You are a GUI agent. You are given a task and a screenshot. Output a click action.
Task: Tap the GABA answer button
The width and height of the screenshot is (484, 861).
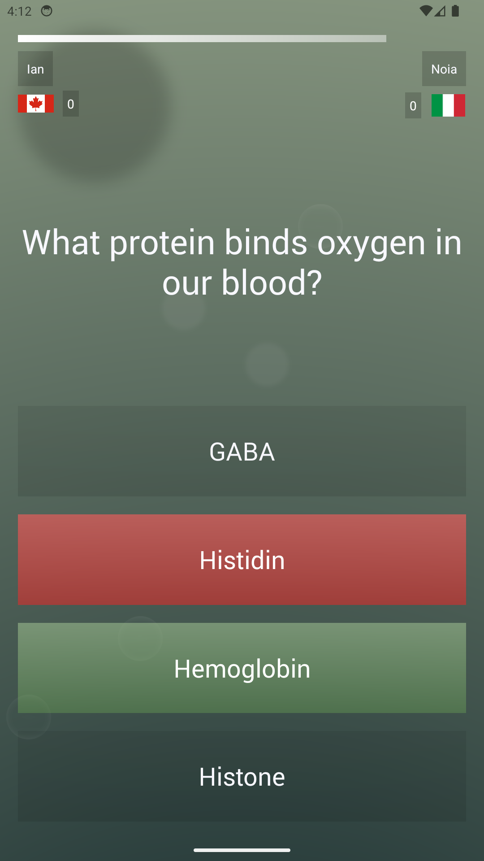[x=242, y=451]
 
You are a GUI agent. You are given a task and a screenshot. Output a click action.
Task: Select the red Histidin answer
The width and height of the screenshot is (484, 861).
[x=242, y=560]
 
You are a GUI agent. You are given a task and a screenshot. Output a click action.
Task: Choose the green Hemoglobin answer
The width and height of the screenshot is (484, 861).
[x=242, y=668]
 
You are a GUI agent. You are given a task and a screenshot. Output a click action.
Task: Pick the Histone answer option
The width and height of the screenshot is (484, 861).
[x=242, y=777]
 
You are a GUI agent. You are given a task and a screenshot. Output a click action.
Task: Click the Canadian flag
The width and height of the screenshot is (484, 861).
[x=36, y=104]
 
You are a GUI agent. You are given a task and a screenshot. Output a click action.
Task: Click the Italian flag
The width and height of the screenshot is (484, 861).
[x=448, y=105]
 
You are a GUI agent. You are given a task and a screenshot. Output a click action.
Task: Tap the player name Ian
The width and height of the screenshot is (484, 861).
[x=35, y=69]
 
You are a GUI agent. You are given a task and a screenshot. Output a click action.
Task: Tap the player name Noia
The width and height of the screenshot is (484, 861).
[x=444, y=69]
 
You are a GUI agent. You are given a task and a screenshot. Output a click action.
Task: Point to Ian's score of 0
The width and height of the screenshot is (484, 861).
[x=71, y=104]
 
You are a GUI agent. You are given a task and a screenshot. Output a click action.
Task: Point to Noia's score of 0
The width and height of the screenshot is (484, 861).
[x=413, y=106]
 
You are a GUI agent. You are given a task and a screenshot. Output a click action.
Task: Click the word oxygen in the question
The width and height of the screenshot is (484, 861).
[x=371, y=243]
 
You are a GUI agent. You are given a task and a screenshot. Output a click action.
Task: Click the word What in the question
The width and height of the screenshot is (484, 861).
[x=61, y=242]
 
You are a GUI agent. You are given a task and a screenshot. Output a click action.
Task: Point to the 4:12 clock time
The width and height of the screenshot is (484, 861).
[x=19, y=11]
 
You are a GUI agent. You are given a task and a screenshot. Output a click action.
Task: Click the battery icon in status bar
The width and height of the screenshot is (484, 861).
[x=455, y=11]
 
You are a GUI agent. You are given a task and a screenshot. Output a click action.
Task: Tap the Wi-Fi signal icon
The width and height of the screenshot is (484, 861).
[x=426, y=11]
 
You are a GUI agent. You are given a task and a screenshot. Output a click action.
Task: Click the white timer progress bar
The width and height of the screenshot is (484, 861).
[x=202, y=39]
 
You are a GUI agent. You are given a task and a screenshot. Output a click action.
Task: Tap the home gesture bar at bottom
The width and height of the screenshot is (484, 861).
[x=242, y=850]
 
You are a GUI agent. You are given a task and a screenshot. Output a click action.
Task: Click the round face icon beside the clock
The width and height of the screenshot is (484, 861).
[x=47, y=11]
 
